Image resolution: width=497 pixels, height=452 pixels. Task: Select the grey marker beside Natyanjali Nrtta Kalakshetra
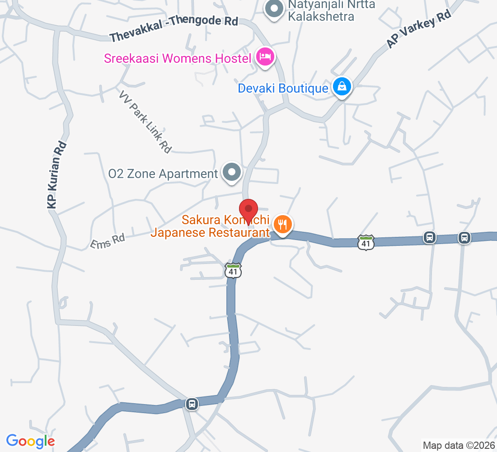pos(273,9)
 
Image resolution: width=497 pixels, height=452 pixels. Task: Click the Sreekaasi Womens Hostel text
pos(178,58)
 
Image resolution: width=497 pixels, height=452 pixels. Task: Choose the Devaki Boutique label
pos(283,88)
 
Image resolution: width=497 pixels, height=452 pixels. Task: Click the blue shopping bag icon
pos(342,85)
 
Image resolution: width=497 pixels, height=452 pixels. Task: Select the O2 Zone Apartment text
pos(163,174)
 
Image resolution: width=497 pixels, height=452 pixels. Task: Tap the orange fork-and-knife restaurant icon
pos(283,224)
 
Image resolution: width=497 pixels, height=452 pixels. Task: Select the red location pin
pos(248,211)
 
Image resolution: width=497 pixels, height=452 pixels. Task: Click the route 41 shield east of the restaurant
pos(366,242)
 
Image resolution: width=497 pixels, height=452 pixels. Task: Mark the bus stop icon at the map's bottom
pos(192,403)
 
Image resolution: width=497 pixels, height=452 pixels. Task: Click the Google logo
pos(30,441)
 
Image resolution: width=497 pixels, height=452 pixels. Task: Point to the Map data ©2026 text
pos(458,445)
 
